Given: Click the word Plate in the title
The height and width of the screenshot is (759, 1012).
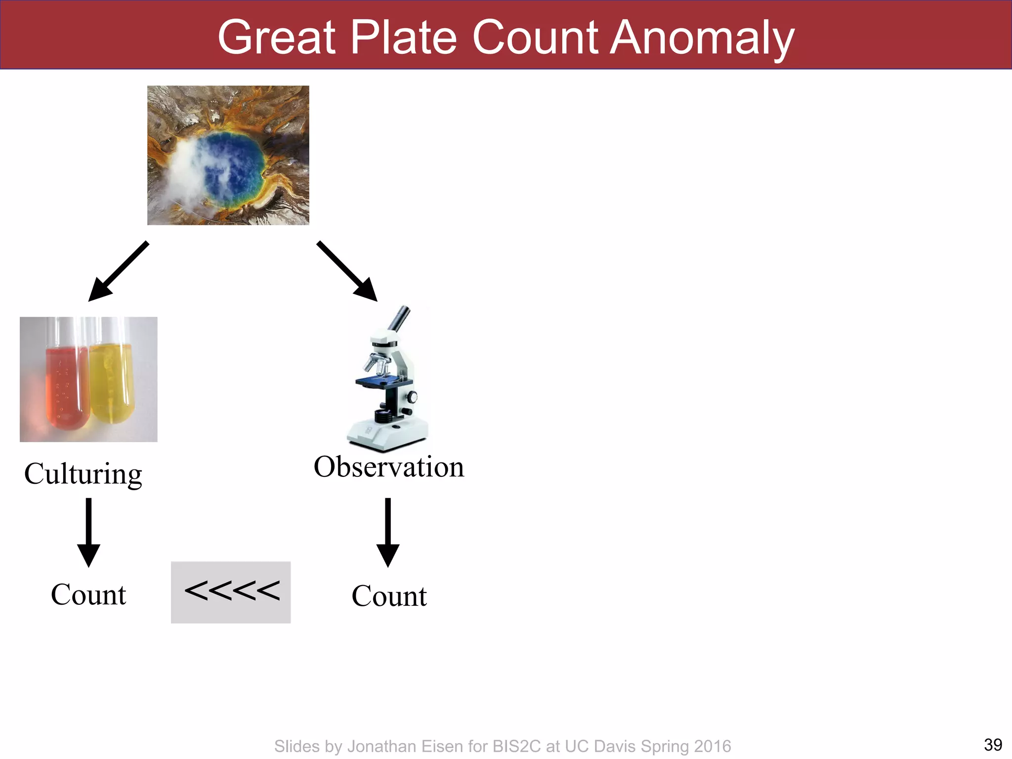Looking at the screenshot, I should [x=404, y=38].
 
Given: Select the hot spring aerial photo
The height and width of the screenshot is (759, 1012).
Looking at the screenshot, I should [x=228, y=155].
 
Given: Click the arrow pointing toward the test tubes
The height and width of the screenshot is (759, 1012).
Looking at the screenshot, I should [x=118, y=271].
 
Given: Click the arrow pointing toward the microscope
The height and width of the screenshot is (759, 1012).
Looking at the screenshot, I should [x=347, y=271].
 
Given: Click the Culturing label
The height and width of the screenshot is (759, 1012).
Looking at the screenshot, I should [x=83, y=474].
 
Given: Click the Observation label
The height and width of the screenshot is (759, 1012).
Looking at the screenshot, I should [x=389, y=467].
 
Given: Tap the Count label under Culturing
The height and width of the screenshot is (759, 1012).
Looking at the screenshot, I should [x=88, y=594].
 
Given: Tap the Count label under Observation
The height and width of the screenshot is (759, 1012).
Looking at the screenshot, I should [x=389, y=596].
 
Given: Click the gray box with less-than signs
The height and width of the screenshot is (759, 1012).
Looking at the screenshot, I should [x=231, y=592].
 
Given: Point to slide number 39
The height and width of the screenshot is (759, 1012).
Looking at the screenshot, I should [x=993, y=745].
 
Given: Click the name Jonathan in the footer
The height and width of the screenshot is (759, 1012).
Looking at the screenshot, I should [x=380, y=746].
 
